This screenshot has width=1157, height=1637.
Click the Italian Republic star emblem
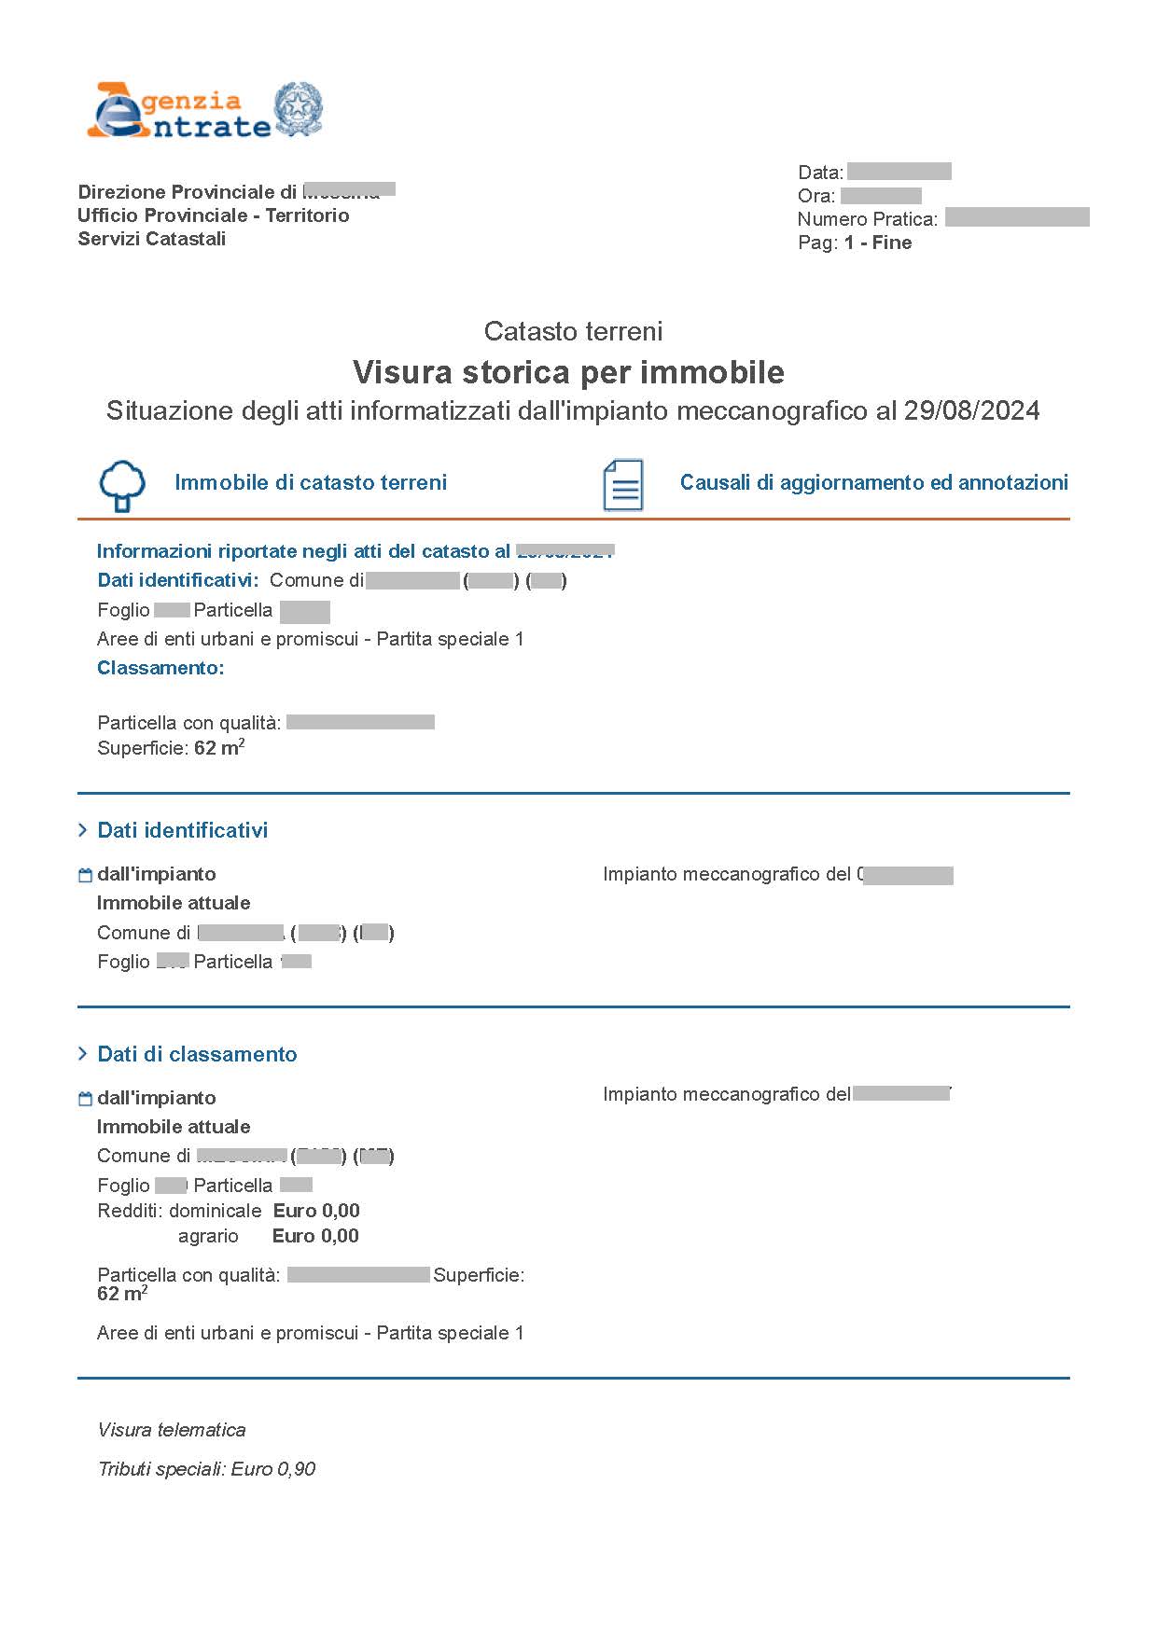298,109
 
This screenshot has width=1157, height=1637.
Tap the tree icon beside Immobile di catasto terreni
122,485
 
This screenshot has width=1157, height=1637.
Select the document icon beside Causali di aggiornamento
622,484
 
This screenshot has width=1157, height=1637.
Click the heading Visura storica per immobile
568,372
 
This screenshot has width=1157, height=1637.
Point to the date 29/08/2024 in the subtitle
971,410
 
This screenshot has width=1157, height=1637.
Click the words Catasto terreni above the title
573,331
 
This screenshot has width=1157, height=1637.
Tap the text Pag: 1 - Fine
854,243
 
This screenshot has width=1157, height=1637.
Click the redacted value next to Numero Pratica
1016,218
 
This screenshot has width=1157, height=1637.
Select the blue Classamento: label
160,668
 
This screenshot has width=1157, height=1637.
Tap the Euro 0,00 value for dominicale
316,1211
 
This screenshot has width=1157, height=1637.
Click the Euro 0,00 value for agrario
315,1236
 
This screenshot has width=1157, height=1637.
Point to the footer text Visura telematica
172,1430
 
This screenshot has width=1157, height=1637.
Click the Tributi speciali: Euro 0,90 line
206,1469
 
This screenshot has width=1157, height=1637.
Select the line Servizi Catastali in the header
152,239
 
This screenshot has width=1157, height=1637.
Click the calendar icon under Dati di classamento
85,1099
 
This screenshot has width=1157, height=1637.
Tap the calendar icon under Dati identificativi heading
85,875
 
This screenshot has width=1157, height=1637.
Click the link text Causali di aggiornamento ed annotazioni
873,482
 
